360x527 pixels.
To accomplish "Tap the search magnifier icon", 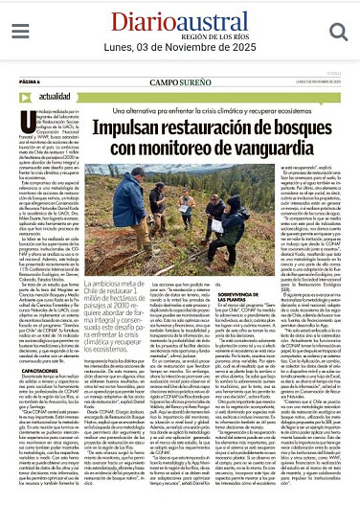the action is (337, 34).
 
